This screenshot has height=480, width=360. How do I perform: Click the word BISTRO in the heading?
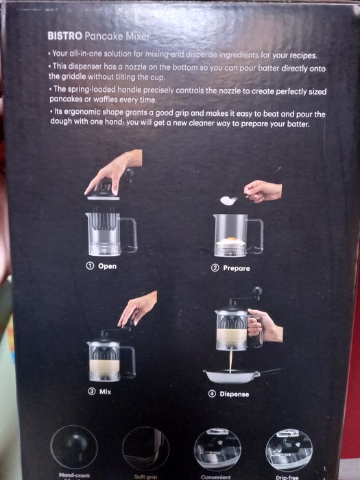[x=65, y=36]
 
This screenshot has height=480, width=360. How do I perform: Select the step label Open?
[x=107, y=266]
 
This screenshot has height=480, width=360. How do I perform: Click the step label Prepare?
[x=237, y=268]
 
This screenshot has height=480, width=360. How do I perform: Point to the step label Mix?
[x=105, y=392]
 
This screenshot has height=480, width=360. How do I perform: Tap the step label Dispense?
[x=235, y=394]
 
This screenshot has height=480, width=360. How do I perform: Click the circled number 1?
[x=90, y=266]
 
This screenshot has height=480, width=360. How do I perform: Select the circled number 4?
[x=212, y=394]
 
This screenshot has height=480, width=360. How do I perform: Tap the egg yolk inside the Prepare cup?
[x=231, y=238]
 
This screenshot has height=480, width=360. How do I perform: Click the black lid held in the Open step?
[x=103, y=193]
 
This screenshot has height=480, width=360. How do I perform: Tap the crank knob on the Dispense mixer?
[x=257, y=291]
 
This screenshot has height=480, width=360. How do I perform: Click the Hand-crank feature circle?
[x=74, y=447]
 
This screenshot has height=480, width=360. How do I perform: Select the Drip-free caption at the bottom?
[x=287, y=477]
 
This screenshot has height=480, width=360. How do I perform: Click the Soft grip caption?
[x=145, y=477]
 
